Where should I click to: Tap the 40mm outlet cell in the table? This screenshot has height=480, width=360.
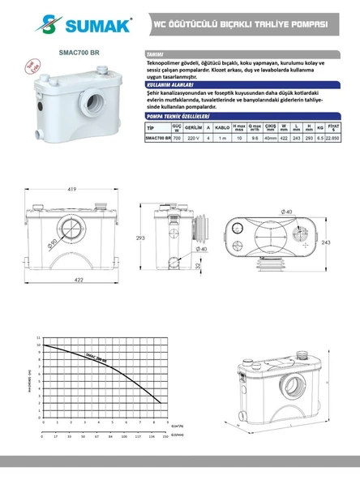pyautogui.click(x=271, y=138)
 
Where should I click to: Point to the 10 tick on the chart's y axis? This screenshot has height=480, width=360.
pyautogui.click(x=38, y=345)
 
